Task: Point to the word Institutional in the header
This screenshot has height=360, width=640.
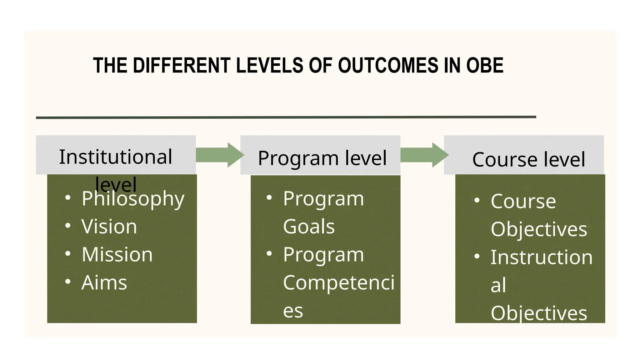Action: coord(116,157)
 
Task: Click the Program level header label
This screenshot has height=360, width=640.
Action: coord(322,158)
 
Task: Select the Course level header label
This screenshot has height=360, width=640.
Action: coord(528,160)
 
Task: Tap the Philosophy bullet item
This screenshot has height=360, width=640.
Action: coord(133,199)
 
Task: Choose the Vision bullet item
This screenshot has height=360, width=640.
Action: coord(109,227)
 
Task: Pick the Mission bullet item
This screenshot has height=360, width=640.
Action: coord(117,254)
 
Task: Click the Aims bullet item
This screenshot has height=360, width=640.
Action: coord(104,283)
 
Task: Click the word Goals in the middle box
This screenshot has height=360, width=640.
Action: coord(309,227)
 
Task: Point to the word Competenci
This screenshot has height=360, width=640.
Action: coord(339,283)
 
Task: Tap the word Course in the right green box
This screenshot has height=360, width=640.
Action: coord(523,201)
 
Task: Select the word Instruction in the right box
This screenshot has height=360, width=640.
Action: coord(541,257)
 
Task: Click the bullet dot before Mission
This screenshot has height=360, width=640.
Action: coord(68,253)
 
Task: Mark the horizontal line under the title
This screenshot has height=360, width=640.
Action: coord(286,117)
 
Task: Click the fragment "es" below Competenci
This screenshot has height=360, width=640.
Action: coord(293,311)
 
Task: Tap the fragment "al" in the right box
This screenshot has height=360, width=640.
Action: coord(498,285)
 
